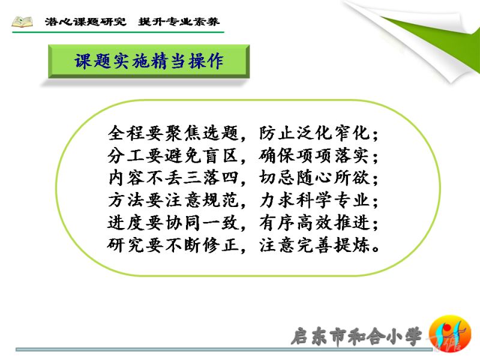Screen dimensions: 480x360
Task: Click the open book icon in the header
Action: point(22,22)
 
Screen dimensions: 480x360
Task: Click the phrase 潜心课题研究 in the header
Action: point(85,22)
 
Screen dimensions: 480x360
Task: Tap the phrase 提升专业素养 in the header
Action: point(179,22)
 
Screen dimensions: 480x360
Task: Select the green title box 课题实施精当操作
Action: point(149,61)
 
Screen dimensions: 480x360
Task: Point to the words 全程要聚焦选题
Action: point(173,133)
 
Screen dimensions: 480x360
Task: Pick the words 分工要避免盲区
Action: point(173,155)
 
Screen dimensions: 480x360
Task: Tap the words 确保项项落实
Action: point(314,155)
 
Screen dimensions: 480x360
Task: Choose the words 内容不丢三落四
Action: point(173,178)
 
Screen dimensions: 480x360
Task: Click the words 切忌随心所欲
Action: point(314,178)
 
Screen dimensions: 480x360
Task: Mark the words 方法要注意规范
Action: point(173,200)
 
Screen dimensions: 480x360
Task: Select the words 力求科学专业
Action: point(314,200)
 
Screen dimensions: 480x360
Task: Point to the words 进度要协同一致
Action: point(173,223)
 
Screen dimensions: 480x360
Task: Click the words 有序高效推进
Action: point(314,223)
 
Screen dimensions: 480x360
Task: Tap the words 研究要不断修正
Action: point(173,245)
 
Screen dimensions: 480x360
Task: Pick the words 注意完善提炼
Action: point(314,245)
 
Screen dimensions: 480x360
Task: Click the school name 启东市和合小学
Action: point(356,337)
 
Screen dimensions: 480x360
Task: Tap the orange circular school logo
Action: point(449,334)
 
